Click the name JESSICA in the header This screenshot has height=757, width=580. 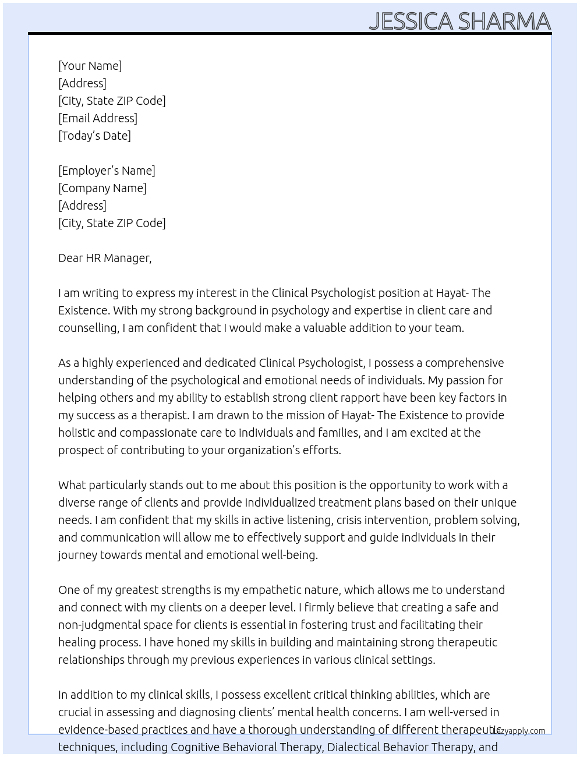[x=411, y=22]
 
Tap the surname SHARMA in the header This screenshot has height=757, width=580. [x=504, y=22]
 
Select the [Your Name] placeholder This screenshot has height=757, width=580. [x=90, y=66]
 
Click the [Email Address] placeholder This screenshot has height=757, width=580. [x=98, y=118]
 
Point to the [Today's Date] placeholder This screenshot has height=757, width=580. [x=94, y=136]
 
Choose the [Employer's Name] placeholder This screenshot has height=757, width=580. [x=107, y=171]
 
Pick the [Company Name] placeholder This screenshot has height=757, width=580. [x=102, y=188]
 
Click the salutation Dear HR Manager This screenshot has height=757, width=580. [x=105, y=258]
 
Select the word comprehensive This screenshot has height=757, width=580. [x=464, y=363]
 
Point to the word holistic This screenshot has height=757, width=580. [x=77, y=433]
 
